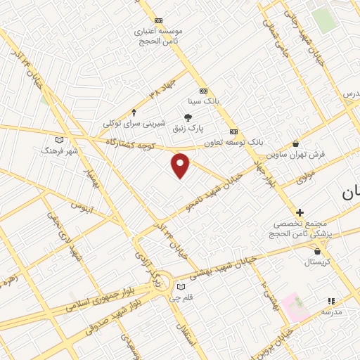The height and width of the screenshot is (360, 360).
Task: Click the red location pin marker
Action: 181,165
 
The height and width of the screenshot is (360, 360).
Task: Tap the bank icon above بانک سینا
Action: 203,91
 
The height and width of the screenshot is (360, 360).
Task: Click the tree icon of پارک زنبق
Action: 188,117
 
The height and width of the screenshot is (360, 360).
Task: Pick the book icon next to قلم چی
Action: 181,287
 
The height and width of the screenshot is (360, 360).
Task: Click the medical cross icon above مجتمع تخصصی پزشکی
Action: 300,212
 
